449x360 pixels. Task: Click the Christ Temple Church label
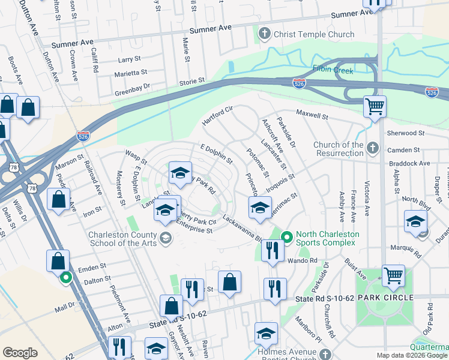pyautogui.click(x=314, y=34)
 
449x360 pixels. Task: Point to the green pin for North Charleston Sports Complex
pyautogui.click(x=286, y=238)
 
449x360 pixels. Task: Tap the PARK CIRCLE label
pyautogui.click(x=385, y=298)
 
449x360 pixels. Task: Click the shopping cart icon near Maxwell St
pyautogui.click(x=375, y=107)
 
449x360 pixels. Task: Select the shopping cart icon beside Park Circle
pyautogui.click(x=393, y=276)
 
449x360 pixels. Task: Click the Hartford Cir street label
pyautogui.click(x=217, y=116)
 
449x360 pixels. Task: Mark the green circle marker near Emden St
pyautogui.click(x=66, y=277)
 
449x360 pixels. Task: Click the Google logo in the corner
pyautogui.click(x=20, y=353)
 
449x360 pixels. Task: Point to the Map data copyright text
pyautogui.click(x=412, y=355)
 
